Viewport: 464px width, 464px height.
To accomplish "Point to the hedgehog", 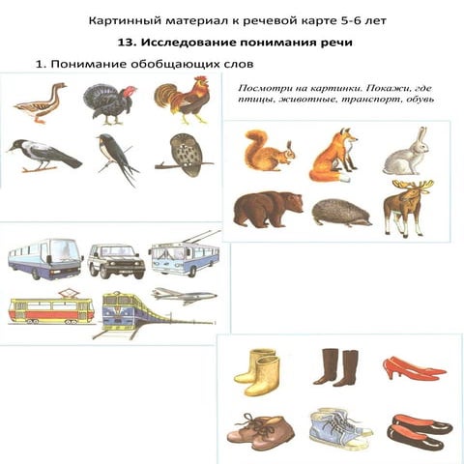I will coord(341,212).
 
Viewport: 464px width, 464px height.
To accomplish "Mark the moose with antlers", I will coord(405,204).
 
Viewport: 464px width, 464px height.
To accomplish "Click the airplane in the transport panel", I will coord(184,294).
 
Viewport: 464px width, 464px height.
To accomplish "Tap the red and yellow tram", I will coord(51,309).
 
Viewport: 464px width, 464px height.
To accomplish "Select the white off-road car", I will coord(116,260).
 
